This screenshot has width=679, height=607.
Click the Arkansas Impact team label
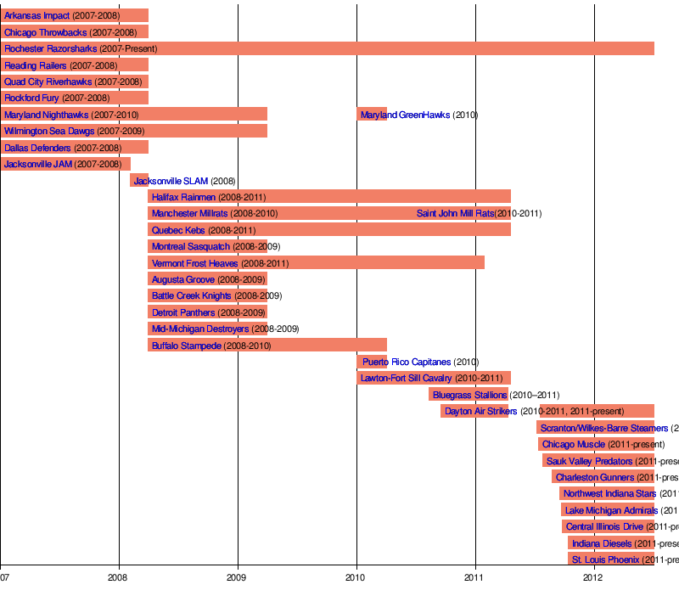37,16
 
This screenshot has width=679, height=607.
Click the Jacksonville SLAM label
171,181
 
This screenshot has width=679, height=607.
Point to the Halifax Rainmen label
184,197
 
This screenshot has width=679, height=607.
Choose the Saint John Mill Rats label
455,213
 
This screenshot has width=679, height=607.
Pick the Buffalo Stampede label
186,346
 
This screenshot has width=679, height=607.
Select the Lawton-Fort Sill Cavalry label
407,379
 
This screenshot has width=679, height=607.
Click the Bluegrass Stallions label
469,395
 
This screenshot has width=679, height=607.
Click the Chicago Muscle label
574,444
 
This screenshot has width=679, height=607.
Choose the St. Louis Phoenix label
605,559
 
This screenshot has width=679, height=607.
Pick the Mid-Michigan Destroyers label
200,329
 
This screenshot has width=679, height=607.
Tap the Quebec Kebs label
178,230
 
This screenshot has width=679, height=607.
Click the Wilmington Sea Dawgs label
49,131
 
